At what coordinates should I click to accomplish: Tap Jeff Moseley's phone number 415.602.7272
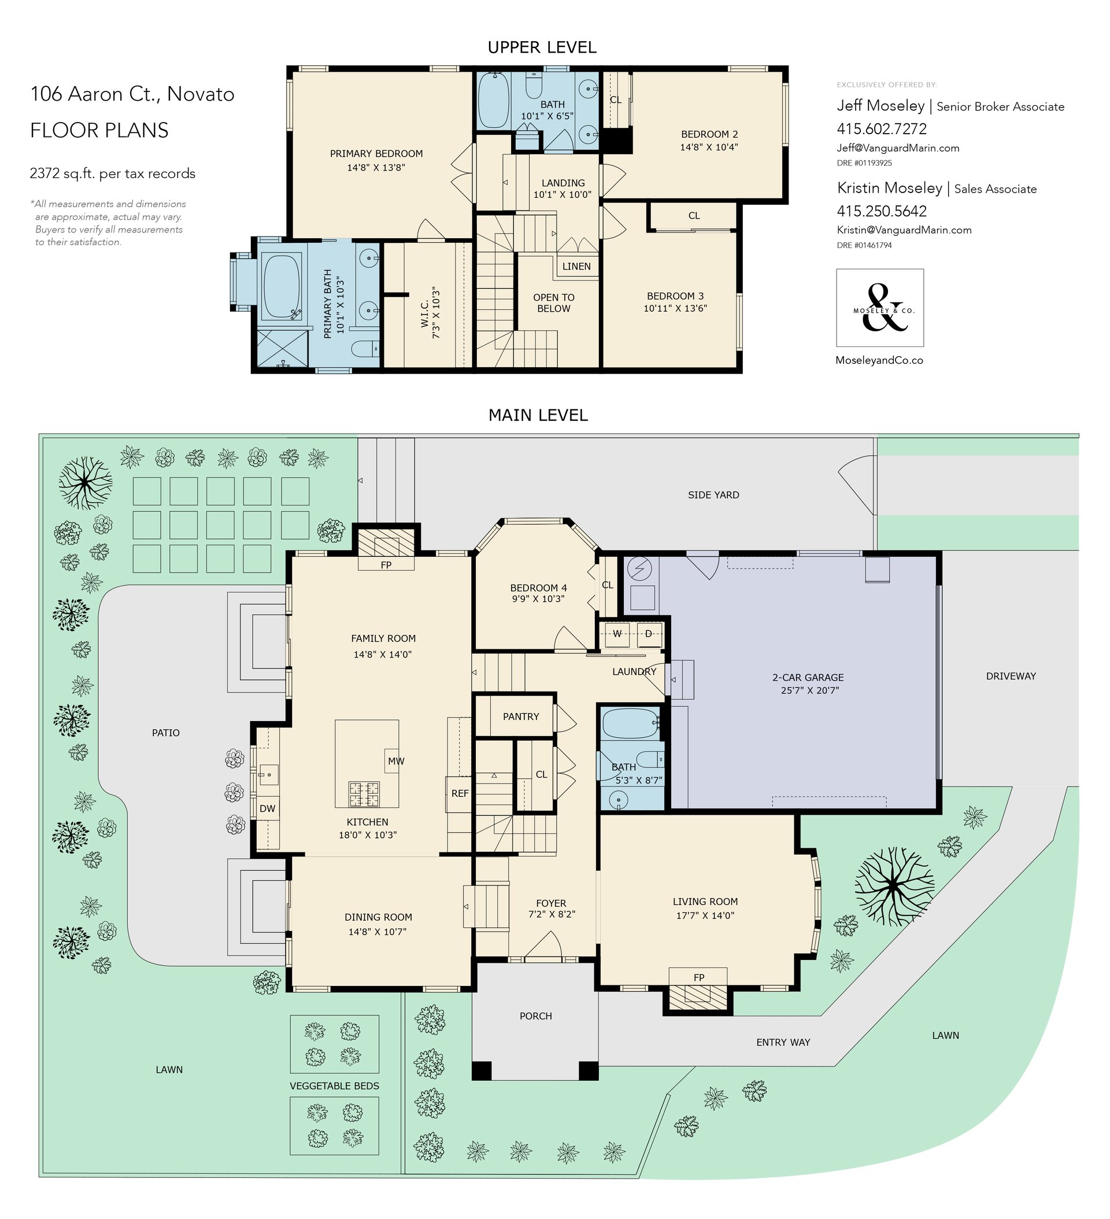(x=882, y=129)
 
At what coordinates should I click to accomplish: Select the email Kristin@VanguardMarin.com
(x=904, y=230)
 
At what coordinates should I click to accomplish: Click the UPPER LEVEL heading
(x=542, y=47)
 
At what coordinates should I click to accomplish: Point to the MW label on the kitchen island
(x=396, y=761)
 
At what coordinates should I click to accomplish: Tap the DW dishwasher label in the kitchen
(x=267, y=809)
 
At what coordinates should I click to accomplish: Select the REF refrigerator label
(x=460, y=793)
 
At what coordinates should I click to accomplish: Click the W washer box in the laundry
(x=617, y=634)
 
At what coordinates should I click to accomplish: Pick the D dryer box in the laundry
(x=649, y=634)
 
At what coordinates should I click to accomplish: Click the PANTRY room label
(x=520, y=716)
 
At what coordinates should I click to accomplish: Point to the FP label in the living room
(x=699, y=978)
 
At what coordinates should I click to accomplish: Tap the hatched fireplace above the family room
(x=386, y=542)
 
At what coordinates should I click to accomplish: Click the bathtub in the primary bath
(x=282, y=287)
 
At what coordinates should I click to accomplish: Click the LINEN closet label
(x=576, y=267)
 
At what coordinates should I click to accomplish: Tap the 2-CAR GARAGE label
(x=808, y=678)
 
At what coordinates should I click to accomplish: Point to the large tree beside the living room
(x=894, y=886)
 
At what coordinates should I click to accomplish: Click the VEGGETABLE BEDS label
(x=334, y=1086)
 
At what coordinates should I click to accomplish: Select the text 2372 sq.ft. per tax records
(x=113, y=173)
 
